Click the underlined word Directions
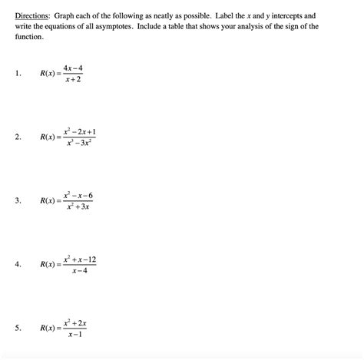pyautogui.click(x=29, y=15)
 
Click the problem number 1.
pyautogui.click(x=16, y=74)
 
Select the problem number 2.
pyautogui.click(x=16, y=137)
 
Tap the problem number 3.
pyautogui.click(x=16, y=201)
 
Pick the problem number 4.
pyautogui.click(x=16, y=265)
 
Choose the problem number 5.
pyautogui.click(x=16, y=329)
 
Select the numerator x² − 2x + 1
pyautogui.click(x=80, y=131)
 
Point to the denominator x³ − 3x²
pyautogui.click(x=80, y=144)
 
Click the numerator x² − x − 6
pyautogui.click(x=80, y=195)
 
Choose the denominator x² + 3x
pyautogui.click(x=79, y=207)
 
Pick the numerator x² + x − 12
pyautogui.click(x=81, y=259)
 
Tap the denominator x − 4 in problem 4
pyautogui.click(x=80, y=271)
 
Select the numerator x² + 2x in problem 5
pyautogui.click(x=76, y=322)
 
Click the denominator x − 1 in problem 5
pyautogui.click(x=75, y=335)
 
